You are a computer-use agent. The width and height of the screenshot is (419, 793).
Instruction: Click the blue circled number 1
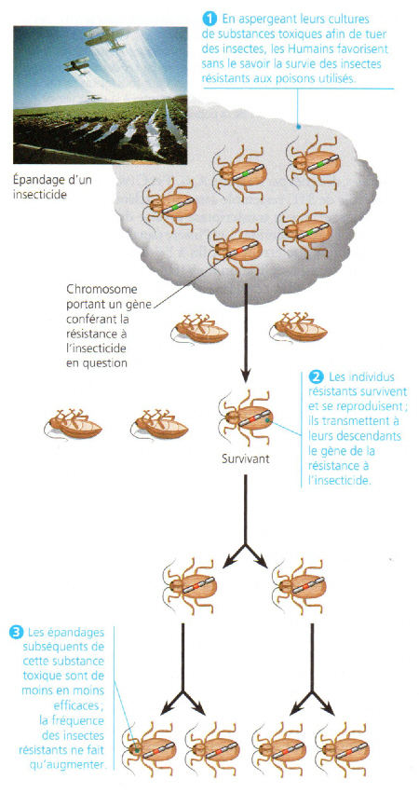[209, 20]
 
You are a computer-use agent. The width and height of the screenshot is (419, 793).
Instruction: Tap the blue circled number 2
[315, 377]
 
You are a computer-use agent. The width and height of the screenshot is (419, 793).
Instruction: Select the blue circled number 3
[17, 632]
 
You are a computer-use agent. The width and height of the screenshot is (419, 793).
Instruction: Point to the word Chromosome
[94, 290]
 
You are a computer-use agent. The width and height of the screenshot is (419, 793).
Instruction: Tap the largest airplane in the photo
[112, 37]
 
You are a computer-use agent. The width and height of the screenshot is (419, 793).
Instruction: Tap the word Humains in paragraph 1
[321, 50]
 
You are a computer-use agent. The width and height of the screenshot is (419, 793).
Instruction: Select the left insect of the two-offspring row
[191, 584]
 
